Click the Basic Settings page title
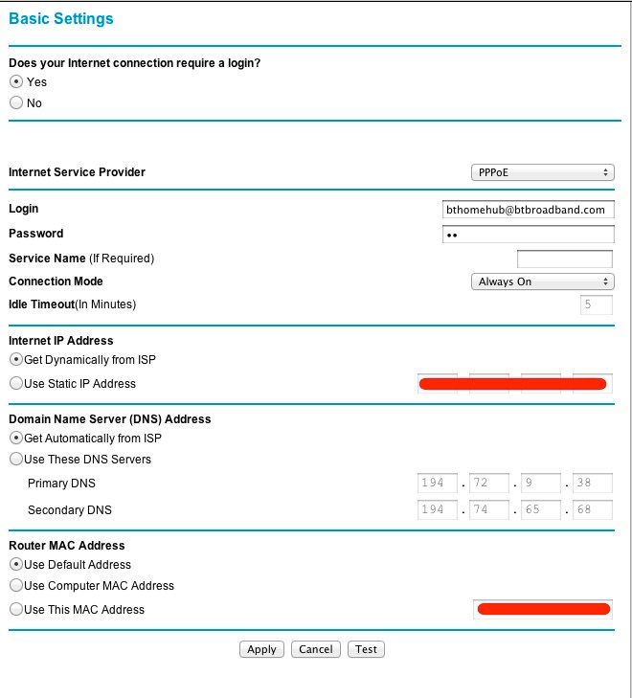coord(60,19)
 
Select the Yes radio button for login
coord(15,82)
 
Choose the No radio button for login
coord(15,103)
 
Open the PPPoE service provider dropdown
coord(542,172)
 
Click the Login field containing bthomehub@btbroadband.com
coord(528,210)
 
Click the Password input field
coord(528,235)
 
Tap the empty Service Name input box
coord(564,259)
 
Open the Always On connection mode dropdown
coord(542,281)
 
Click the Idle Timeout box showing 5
coord(596,305)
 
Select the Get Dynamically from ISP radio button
coord(15,360)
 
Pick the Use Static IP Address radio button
coord(15,384)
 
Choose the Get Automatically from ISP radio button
coord(15,439)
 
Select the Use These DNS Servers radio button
coord(15,460)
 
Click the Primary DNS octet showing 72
coord(488,484)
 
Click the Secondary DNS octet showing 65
coord(540,510)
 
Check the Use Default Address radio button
coord(15,565)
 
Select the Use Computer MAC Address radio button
coord(15,586)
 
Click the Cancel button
coord(316,649)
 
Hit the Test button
coord(366,649)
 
